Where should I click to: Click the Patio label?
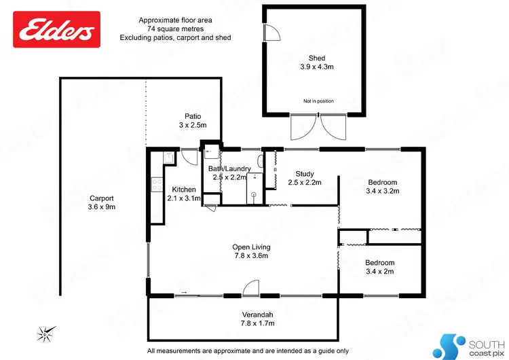tap(193, 116)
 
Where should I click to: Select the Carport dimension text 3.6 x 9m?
tap(102, 207)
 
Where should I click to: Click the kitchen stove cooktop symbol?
tap(155, 185)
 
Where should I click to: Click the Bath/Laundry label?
tap(229, 168)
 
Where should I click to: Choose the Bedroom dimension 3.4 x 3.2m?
tap(382, 191)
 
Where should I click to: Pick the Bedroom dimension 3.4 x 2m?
tap(379, 271)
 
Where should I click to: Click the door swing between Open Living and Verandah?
tap(251, 289)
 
